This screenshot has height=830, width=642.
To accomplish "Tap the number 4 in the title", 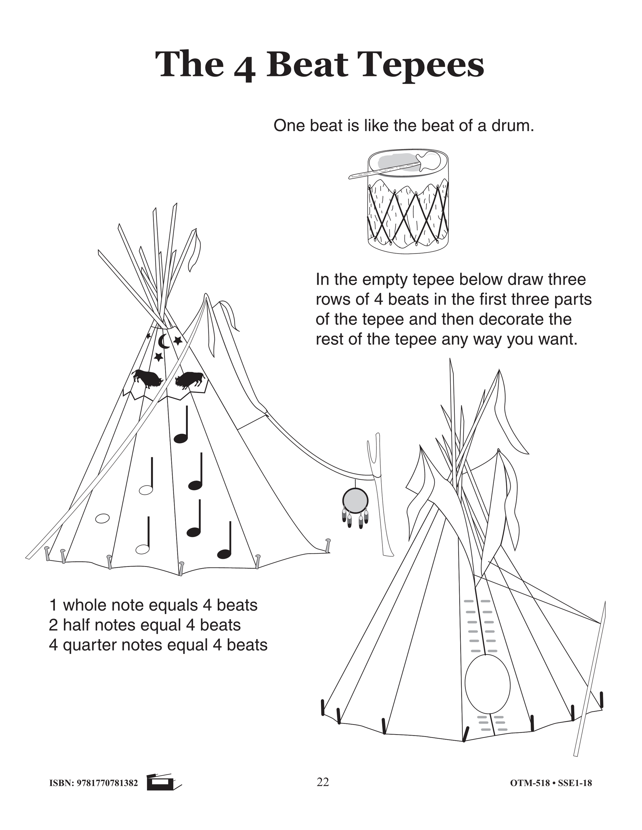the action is tap(245, 68).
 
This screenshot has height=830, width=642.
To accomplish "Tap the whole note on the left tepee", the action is tap(102, 518).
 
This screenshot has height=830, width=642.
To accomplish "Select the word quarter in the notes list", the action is tap(87, 645).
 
